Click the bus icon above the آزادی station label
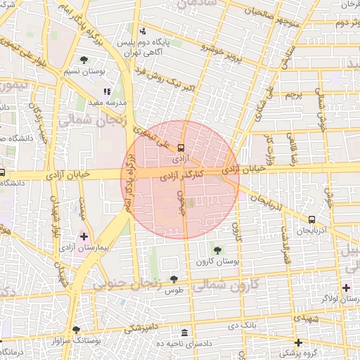tap(181, 148)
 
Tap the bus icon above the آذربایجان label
tap(312, 220)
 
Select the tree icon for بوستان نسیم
tap(84, 60)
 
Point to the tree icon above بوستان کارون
tap(216, 250)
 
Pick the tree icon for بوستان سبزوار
tap(76, 330)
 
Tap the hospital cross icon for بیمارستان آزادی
tap(85, 236)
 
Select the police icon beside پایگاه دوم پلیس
tap(143, 31)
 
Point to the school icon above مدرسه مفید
tap(107, 91)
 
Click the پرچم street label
tap(293, 94)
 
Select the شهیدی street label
tap(308, 319)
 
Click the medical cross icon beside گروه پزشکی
tap(299, 342)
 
